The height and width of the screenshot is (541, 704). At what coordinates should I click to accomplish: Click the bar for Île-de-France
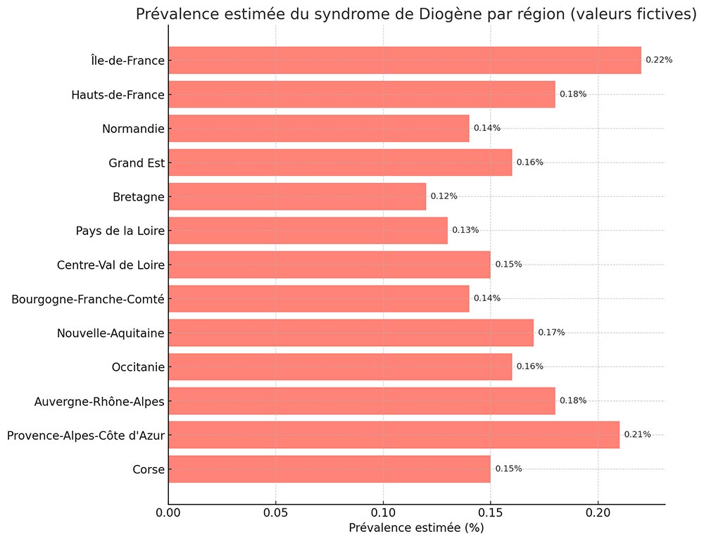[x=405, y=61]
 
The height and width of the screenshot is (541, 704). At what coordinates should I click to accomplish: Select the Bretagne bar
[x=297, y=196]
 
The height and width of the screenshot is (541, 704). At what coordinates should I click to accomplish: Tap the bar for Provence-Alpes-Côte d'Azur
[x=394, y=435]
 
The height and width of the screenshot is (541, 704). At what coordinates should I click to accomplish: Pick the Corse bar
[x=329, y=469]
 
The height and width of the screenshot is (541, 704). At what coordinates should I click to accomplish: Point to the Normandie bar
[x=319, y=128]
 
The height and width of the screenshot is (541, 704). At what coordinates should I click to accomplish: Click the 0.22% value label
[x=659, y=61]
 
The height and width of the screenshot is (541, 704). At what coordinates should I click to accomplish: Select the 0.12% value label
[x=444, y=196]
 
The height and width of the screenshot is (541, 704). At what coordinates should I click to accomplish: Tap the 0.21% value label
[x=637, y=435]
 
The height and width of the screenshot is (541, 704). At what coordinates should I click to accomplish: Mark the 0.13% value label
[x=465, y=230]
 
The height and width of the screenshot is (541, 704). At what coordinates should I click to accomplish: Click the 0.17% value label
[x=551, y=333]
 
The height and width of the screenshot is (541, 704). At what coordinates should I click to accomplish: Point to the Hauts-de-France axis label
[x=118, y=95]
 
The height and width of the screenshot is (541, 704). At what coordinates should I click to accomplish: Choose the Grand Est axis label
[x=137, y=163]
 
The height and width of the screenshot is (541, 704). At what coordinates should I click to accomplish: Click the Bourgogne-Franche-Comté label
[x=88, y=300]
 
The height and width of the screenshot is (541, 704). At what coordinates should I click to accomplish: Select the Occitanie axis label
[x=138, y=367]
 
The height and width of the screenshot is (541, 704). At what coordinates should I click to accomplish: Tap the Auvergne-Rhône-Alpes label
[x=99, y=402]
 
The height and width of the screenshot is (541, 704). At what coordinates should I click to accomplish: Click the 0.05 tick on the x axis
[x=276, y=513]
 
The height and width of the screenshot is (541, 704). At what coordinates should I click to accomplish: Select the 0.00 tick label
[x=169, y=513]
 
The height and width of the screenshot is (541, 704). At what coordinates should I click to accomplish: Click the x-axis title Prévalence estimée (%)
[x=416, y=528]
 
